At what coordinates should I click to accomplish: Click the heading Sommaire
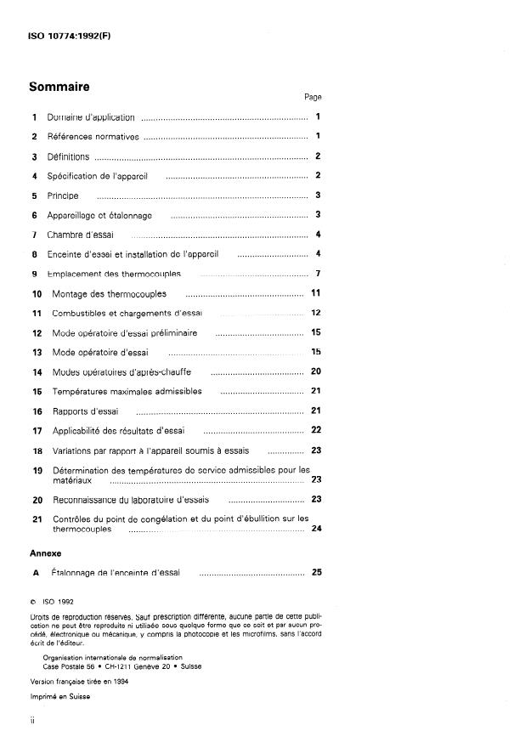[59, 87]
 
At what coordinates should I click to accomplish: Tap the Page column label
[313, 98]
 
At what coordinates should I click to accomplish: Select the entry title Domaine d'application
[91, 117]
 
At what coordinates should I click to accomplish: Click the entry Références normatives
[93, 137]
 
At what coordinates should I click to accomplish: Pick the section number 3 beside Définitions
[35, 157]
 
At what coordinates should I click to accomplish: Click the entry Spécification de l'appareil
[98, 176]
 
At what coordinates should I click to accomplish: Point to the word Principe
[63, 195]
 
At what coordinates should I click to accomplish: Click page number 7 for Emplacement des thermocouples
[317, 274]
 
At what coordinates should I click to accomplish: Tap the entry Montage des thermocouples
[109, 294]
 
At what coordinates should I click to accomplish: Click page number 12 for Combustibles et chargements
[315, 313]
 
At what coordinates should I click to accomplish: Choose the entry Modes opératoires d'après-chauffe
[121, 372]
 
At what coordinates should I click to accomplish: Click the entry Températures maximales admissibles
[127, 392]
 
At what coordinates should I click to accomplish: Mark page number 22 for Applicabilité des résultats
[315, 430]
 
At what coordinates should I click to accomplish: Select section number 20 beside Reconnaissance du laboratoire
[37, 501]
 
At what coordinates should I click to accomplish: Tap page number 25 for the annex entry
[316, 573]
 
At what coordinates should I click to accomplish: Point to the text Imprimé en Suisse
[59, 696]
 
